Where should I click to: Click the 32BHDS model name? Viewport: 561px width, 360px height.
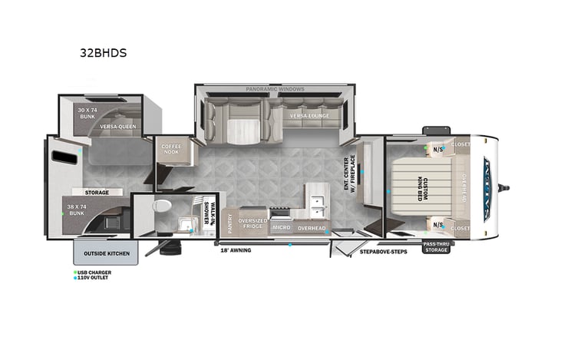103,54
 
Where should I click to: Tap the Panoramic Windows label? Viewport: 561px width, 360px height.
276,90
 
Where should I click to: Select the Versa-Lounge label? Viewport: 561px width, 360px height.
309,116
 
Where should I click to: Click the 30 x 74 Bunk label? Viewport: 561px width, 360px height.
88,114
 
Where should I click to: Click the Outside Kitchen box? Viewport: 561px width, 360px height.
106,253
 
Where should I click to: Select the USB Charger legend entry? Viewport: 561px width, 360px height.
94,272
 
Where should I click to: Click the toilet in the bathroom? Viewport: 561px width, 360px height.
162,206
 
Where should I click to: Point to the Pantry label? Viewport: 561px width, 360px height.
229,223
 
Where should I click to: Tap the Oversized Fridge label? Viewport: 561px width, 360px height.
252,223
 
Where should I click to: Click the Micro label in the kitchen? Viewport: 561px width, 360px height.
281,228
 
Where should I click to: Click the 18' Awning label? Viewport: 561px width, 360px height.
236,250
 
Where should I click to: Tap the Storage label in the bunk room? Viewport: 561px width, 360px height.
97,193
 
